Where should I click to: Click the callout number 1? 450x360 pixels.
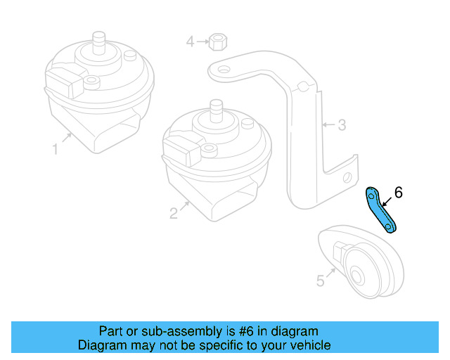[x=55, y=149]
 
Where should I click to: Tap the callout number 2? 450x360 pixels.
[x=174, y=213]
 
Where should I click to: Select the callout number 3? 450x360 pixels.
[x=342, y=126]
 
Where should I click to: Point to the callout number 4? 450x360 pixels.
[x=190, y=42]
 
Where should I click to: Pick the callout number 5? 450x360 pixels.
[x=321, y=281]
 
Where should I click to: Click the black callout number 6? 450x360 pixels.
[x=398, y=192]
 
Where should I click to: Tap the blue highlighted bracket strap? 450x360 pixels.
[x=380, y=210]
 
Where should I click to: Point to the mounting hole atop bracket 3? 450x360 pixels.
[x=223, y=70]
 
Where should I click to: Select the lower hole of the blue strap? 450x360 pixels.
[x=391, y=227]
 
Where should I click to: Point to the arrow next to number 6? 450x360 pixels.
[x=387, y=200]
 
